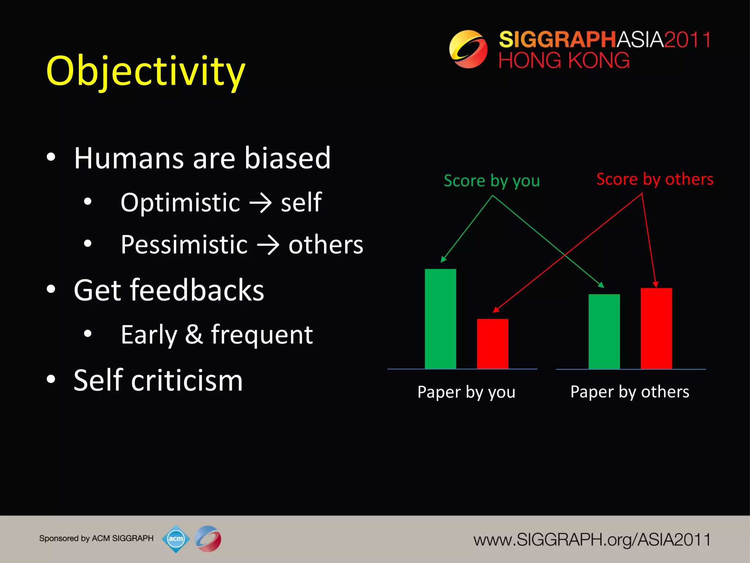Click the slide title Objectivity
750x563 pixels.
(x=145, y=71)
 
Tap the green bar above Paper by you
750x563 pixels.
(x=440, y=319)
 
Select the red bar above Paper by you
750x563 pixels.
(x=492, y=344)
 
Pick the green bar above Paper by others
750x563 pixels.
(x=604, y=331)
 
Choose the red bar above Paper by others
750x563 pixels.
(x=656, y=328)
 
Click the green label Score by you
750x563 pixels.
(x=491, y=181)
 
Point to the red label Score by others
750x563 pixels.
(x=654, y=179)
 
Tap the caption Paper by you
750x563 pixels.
(x=466, y=392)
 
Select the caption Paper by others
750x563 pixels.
(x=630, y=392)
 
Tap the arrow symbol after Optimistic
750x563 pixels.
(x=260, y=203)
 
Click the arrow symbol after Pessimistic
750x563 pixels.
(x=268, y=245)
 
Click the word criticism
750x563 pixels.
(x=187, y=380)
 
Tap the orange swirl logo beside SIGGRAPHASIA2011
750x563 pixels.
(x=468, y=49)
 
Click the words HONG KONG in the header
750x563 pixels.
(x=564, y=60)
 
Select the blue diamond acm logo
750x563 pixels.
(x=176, y=538)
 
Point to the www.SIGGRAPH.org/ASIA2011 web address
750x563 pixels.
(x=591, y=540)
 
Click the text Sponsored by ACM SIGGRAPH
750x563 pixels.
(x=96, y=538)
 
